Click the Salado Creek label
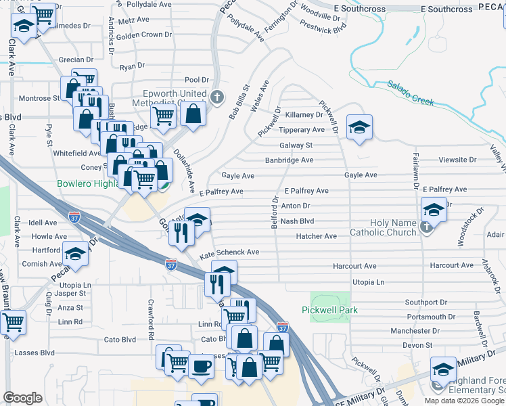[x=410, y=93]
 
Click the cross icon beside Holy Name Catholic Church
[x=426, y=227]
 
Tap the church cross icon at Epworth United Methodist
[x=217, y=97]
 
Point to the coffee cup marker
[x=201, y=366]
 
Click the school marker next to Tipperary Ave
[x=360, y=127]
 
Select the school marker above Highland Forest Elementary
[x=443, y=369]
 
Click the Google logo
[x=22, y=397]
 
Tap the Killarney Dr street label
[x=304, y=115]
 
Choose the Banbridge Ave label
[x=289, y=160]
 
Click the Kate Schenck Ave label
[x=229, y=252]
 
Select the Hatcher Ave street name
[x=316, y=236]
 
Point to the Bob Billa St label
[x=239, y=102]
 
